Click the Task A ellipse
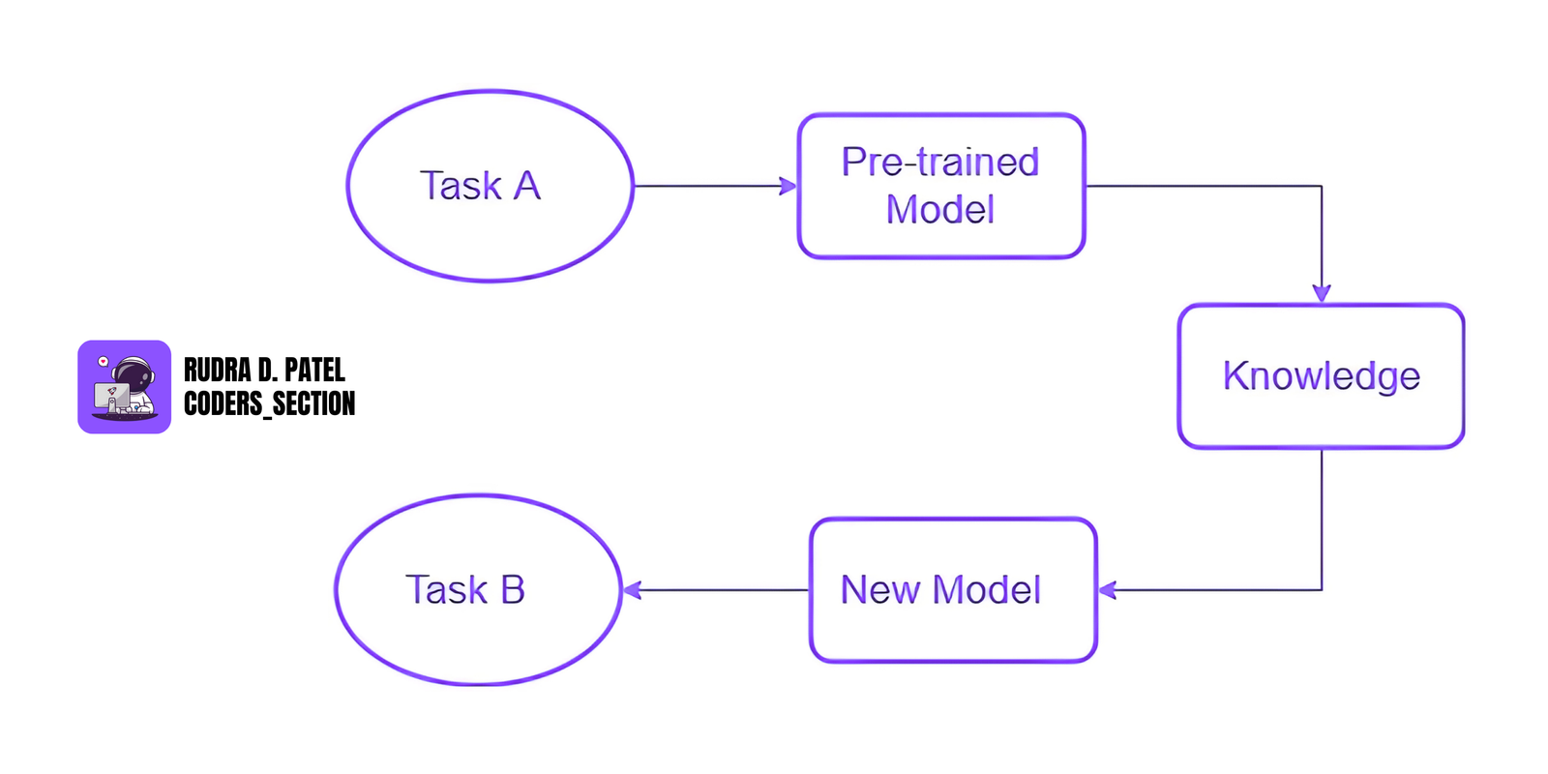490,186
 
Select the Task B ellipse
478,590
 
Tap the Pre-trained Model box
940,186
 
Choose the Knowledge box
1321,376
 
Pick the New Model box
953,590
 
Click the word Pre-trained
939,162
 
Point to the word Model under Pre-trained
939,210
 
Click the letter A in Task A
527,186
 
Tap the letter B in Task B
512,590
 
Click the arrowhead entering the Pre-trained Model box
789,186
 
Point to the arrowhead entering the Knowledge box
1322,293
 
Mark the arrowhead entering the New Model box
1108,590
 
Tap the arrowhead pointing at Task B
632,590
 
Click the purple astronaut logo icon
124,387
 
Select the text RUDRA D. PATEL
264,371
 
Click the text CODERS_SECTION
269,403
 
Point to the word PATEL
314,371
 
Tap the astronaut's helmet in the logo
134,372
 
